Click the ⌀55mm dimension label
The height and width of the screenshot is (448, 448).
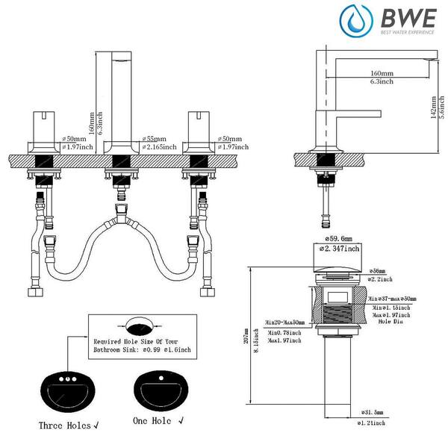154,140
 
